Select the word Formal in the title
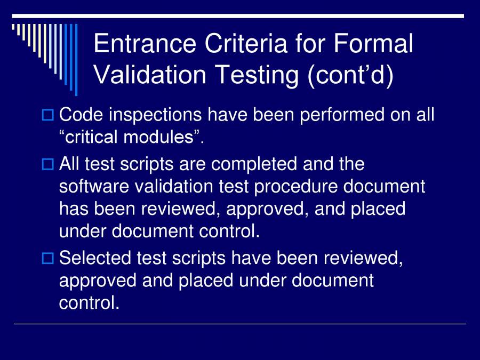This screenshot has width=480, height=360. click(x=374, y=44)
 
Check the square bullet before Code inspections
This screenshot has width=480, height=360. click(x=47, y=115)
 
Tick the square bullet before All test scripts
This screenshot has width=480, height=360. click(x=47, y=164)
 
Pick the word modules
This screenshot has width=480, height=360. click(x=162, y=137)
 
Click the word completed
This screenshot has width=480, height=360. click(x=255, y=164)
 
